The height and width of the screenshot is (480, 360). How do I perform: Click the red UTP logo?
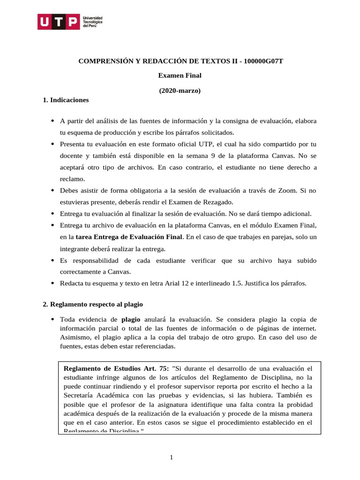[x=59, y=22]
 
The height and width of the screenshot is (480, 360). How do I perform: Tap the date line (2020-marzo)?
[x=180, y=90]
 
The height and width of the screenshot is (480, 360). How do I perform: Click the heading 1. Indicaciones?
[x=66, y=100]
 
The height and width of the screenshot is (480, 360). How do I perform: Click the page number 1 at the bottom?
[x=172, y=457]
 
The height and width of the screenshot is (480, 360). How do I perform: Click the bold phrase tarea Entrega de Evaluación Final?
[x=129, y=237]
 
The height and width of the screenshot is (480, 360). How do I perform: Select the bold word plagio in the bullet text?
[x=131, y=320]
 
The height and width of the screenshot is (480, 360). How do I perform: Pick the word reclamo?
[x=73, y=179]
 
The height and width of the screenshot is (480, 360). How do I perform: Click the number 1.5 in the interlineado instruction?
[x=238, y=283]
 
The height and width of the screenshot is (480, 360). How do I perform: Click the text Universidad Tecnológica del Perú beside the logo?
[x=92, y=22]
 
